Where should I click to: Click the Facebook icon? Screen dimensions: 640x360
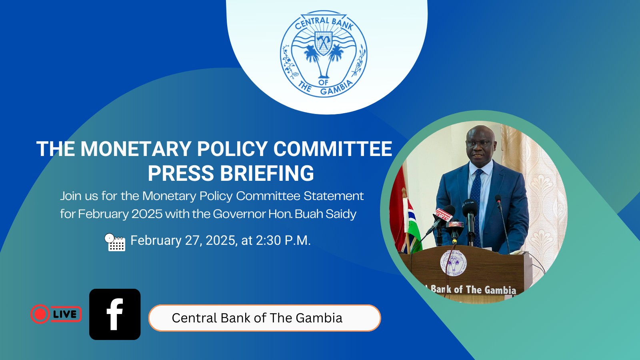tap(115, 314)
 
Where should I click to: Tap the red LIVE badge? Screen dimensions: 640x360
tap(56, 314)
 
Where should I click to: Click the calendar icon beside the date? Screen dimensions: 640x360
tap(115, 242)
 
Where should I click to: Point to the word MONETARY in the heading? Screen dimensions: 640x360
tap(136, 149)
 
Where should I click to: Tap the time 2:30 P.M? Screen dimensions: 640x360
tap(283, 240)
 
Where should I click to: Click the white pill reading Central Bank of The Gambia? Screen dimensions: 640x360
tap(264, 318)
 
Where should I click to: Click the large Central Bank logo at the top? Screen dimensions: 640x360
tap(324, 54)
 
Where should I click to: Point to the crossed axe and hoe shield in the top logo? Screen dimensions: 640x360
tap(323, 43)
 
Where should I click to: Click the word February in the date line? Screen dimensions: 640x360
tap(156, 241)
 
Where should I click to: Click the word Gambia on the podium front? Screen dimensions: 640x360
tap(500, 290)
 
